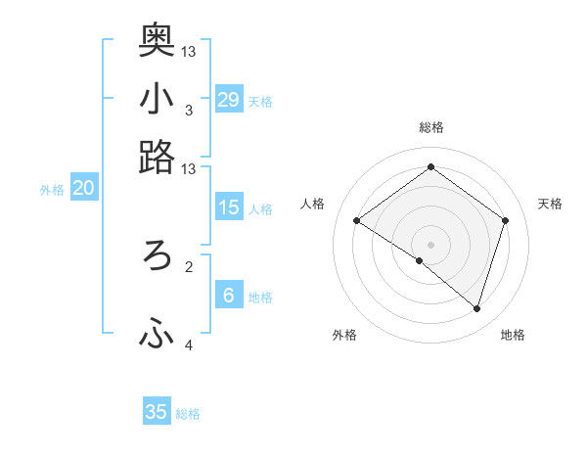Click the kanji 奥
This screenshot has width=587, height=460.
pyautogui.click(x=157, y=38)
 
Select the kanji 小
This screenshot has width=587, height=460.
pyautogui.click(x=157, y=98)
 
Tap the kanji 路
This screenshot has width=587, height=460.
pyautogui.click(x=157, y=157)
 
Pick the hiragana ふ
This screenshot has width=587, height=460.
pyautogui.click(x=157, y=335)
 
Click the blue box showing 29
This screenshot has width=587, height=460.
pyautogui.click(x=229, y=99)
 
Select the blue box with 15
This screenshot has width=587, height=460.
pyautogui.click(x=229, y=207)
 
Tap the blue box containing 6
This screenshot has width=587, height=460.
pyautogui.click(x=229, y=296)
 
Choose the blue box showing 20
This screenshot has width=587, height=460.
pyautogui.click(x=83, y=189)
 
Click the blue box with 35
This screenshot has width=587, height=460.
pyautogui.click(x=157, y=412)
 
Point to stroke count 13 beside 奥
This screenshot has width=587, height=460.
pyautogui.click(x=189, y=51)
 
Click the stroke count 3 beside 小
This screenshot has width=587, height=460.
pyautogui.click(x=188, y=111)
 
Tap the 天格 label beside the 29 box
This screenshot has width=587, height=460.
pyautogui.click(x=260, y=102)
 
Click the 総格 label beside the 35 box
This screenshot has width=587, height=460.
pyautogui.click(x=188, y=415)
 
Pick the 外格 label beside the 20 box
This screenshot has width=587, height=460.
pyautogui.click(x=52, y=191)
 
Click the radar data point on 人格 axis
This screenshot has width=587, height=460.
pyautogui.click(x=356, y=221)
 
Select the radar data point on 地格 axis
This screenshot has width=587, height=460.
pyautogui.click(x=476, y=309)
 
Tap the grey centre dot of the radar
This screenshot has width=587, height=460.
pyautogui.click(x=430, y=244)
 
